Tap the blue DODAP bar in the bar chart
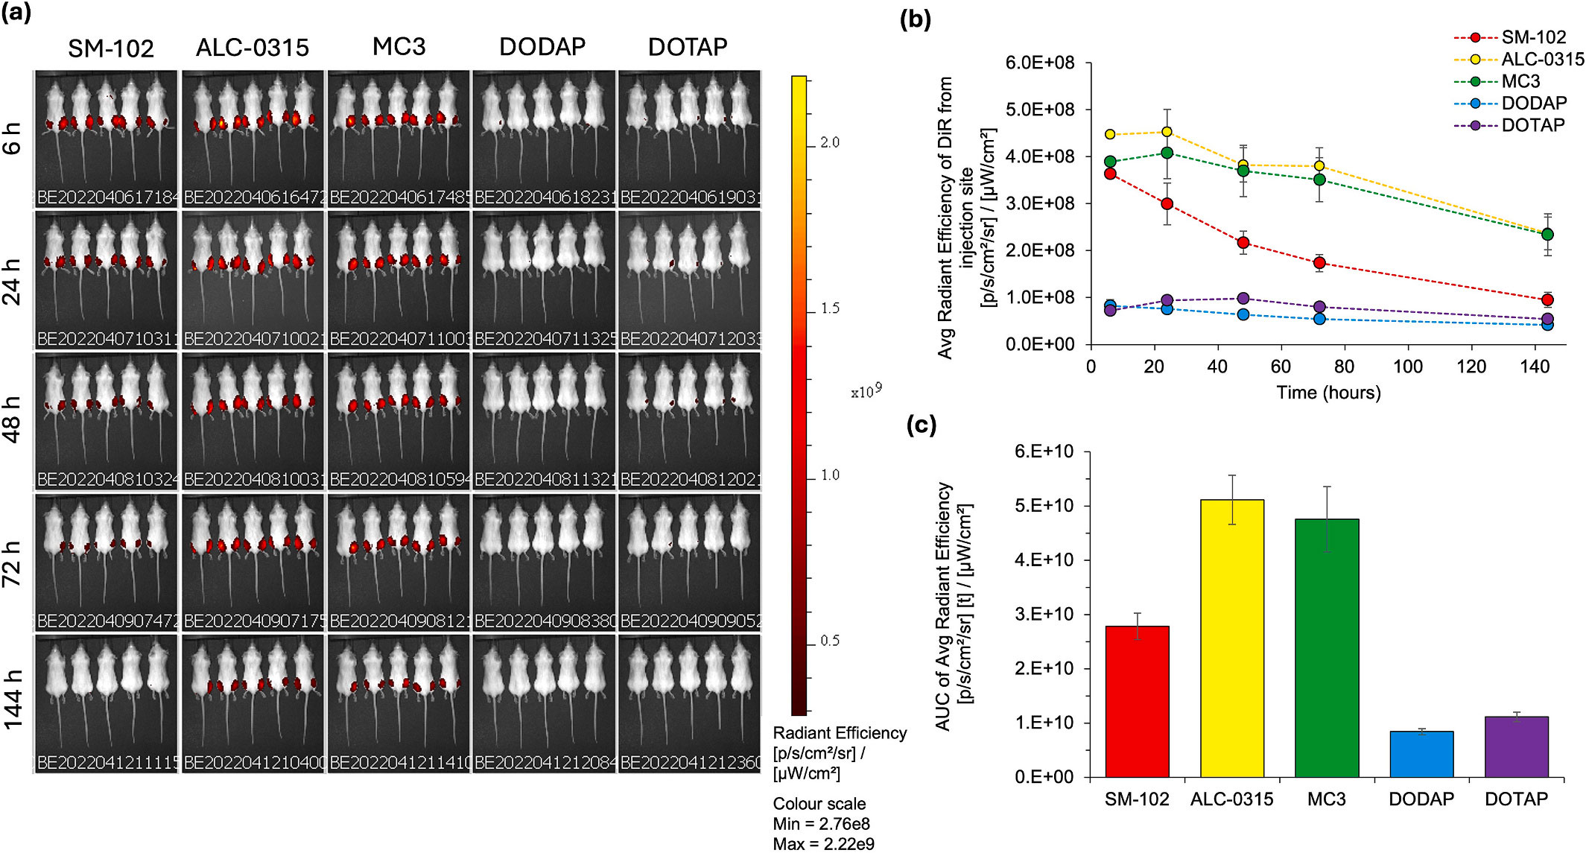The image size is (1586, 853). (x=1421, y=754)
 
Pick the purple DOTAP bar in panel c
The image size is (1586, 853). (x=1516, y=746)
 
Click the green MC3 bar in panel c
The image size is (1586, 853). (x=1327, y=647)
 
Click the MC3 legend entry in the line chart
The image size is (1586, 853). (x=1520, y=81)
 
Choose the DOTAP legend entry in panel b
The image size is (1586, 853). (x=1532, y=125)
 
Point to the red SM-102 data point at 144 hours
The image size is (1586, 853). (x=1547, y=300)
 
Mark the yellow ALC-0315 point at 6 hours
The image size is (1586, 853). (x=1110, y=135)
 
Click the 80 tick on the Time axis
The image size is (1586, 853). (x=1345, y=367)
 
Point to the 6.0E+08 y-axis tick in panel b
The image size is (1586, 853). (x=1040, y=63)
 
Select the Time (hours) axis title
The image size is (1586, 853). (x=1328, y=393)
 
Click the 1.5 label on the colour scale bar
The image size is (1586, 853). (x=830, y=308)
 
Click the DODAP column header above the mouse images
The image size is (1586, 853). (x=542, y=47)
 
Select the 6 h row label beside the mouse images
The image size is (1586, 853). (x=13, y=138)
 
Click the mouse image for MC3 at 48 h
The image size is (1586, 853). (x=399, y=420)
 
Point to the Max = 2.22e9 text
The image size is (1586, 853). (x=823, y=844)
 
